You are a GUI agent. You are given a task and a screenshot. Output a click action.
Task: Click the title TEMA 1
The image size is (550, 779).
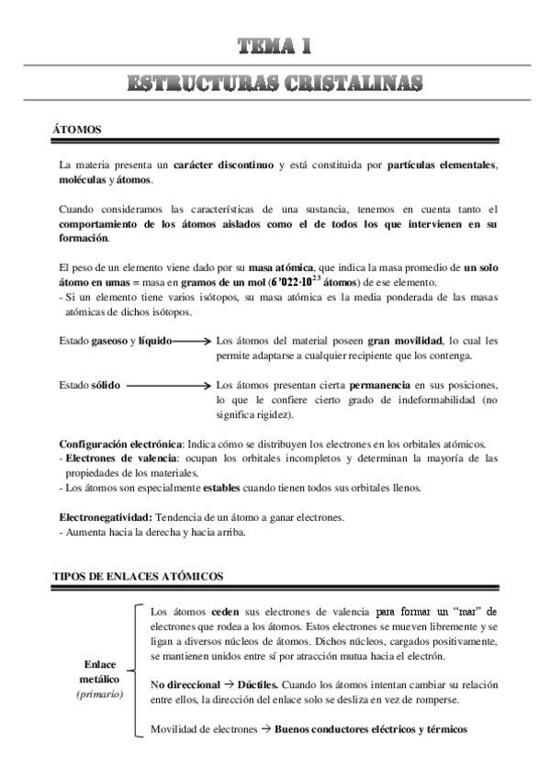[x=275, y=46]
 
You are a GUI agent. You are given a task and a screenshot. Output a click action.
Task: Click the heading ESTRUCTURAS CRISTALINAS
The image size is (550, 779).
[x=275, y=84]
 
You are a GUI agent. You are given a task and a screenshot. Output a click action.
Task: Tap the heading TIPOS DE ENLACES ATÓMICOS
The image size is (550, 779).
[x=138, y=576]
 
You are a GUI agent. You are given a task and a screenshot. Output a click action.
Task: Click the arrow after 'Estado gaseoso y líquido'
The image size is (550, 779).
[x=191, y=340]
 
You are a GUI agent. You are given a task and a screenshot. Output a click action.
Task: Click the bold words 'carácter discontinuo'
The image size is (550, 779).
[x=223, y=164]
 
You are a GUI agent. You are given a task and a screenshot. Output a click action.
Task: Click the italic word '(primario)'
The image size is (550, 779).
[x=99, y=694]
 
